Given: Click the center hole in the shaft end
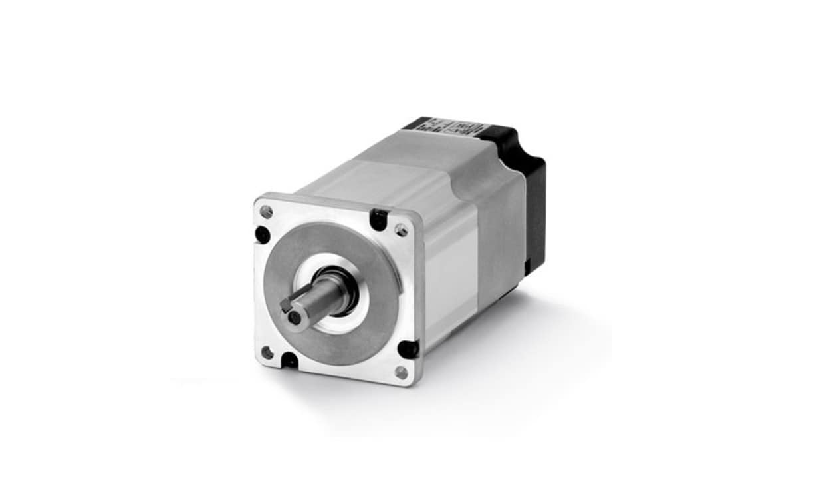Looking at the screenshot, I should pyautogui.click(x=295, y=318).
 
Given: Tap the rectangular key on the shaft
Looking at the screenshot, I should pyautogui.click(x=286, y=305).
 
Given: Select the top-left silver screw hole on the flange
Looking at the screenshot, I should pyautogui.click(x=266, y=212).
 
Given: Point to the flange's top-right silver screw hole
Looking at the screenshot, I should pyautogui.click(x=401, y=230).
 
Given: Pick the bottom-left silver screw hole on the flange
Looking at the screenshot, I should pyautogui.click(x=267, y=352).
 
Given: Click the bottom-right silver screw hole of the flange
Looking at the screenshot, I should pyautogui.click(x=401, y=372).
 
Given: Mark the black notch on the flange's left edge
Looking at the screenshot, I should pyautogui.click(x=262, y=234).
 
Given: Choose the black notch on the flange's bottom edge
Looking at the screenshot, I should pyautogui.click(x=289, y=360).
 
